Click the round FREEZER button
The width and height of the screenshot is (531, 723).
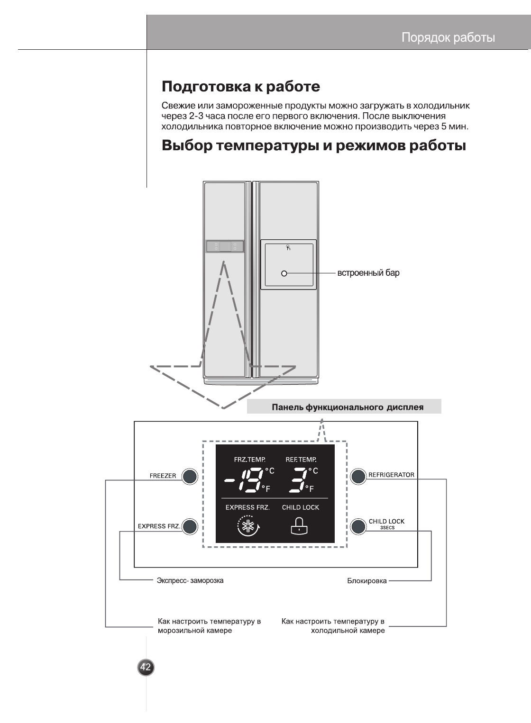(x=190, y=477)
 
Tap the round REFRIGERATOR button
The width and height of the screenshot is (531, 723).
(x=358, y=476)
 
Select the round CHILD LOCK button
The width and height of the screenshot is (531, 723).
(x=358, y=526)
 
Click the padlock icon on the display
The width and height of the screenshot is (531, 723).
(x=299, y=525)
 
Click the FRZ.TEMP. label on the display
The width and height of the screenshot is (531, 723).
(x=250, y=459)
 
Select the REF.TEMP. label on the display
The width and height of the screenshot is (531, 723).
(x=301, y=459)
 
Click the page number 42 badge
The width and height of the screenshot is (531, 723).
(x=146, y=668)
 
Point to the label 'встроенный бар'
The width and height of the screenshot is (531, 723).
(x=368, y=273)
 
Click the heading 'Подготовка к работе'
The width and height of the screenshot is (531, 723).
(x=241, y=87)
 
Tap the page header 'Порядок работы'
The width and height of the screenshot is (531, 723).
(x=448, y=37)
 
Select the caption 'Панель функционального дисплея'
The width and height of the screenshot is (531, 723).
(x=347, y=407)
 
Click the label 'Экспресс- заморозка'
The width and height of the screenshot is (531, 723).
(x=190, y=580)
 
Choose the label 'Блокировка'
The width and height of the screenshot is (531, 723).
(x=367, y=580)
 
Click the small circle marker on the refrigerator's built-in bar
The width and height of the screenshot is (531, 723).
(x=284, y=273)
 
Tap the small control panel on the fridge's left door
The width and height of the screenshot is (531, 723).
(x=224, y=246)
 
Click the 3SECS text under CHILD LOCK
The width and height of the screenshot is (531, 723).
(x=387, y=528)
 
